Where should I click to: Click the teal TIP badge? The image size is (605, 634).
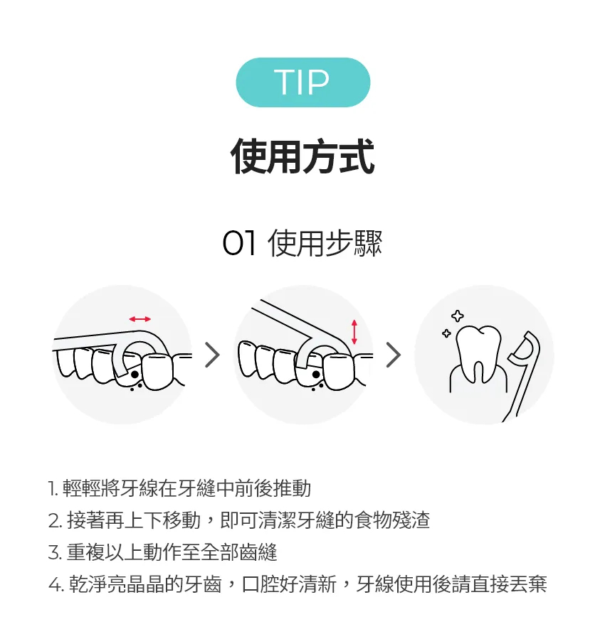click(303, 82)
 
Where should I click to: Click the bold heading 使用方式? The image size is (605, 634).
click(302, 156)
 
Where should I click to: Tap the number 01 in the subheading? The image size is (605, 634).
click(239, 243)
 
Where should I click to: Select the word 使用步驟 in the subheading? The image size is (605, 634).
click(325, 243)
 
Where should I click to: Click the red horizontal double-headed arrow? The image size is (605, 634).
click(140, 319)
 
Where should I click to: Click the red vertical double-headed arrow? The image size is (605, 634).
click(354, 332)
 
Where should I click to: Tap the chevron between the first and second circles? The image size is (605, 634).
click(212, 355)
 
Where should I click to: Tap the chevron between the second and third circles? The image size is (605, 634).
click(394, 355)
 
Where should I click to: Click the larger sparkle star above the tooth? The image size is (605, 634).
click(458, 316)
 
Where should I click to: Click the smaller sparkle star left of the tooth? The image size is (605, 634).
click(446, 333)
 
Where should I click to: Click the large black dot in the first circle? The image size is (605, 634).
click(135, 375)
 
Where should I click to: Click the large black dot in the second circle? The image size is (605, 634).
click(316, 375)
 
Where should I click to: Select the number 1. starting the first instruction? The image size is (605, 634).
click(53, 488)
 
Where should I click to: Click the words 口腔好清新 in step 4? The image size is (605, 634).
click(289, 584)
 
